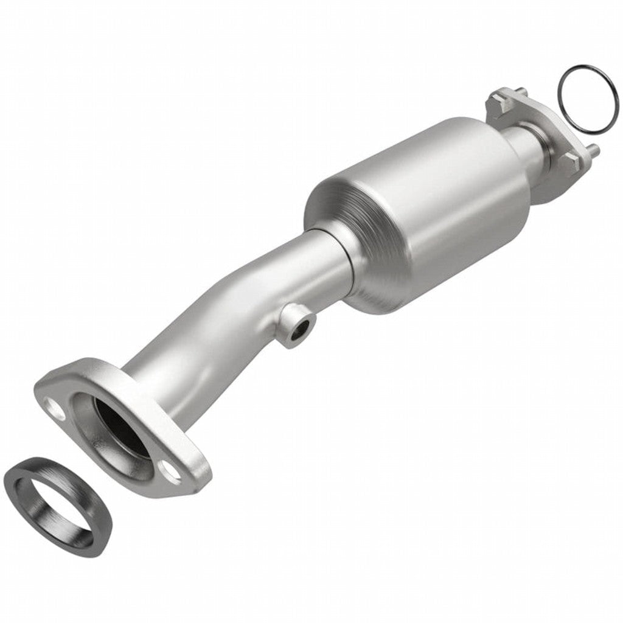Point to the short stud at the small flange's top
click(x=521, y=92)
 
